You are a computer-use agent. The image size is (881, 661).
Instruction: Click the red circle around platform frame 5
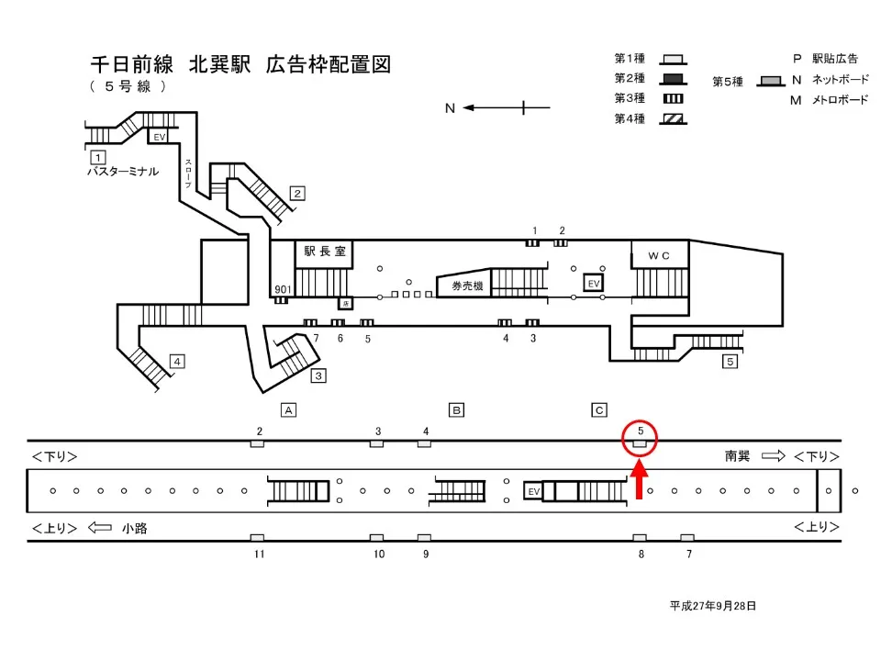[x=640, y=437]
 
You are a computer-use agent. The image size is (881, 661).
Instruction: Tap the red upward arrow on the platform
[x=640, y=480]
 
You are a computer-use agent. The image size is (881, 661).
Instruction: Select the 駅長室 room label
[x=323, y=252]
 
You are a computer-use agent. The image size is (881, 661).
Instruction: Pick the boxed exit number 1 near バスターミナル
[x=96, y=156]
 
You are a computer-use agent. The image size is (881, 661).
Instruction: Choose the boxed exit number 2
[x=297, y=193]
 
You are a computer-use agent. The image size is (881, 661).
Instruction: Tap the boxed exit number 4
[x=177, y=361]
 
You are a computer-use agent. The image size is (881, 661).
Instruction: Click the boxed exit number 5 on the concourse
[x=730, y=361]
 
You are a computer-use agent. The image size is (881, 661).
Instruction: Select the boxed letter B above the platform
[x=455, y=409]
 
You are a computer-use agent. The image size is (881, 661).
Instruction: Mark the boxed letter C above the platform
[x=599, y=409]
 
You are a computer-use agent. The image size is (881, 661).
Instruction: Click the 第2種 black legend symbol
[x=673, y=78]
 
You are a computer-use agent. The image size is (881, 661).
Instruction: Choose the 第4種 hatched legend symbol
[x=673, y=118]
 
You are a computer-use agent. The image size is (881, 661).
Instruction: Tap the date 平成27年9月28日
[x=712, y=606]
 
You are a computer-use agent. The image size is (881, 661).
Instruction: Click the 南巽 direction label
[x=739, y=455]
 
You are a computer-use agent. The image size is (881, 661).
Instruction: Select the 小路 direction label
[x=134, y=528]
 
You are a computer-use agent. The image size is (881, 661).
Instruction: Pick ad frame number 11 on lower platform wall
[x=260, y=554]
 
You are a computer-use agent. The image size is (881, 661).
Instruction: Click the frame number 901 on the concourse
[x=283, y=290]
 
